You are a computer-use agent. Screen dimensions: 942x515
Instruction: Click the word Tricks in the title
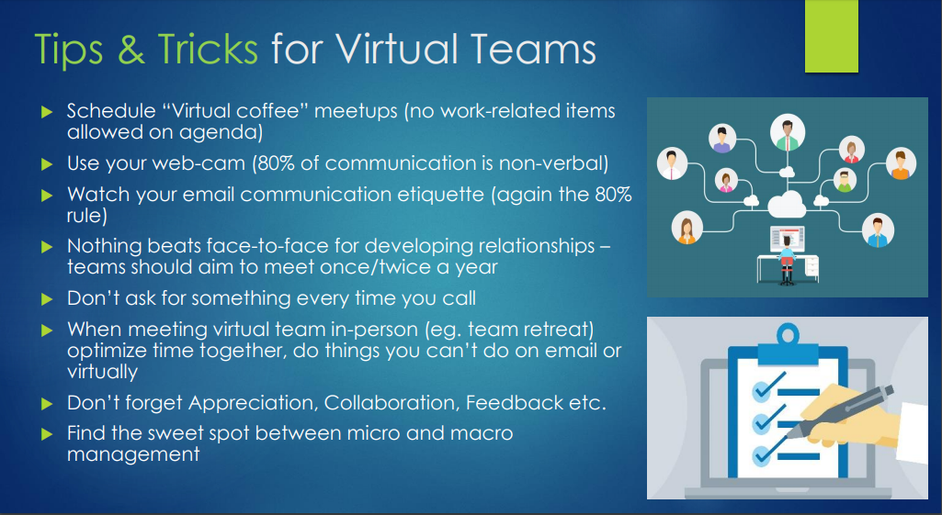pos(208,49)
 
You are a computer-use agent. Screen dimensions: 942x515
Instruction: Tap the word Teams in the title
pos(533,49)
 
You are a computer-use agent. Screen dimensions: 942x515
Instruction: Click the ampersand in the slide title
pos(131,50)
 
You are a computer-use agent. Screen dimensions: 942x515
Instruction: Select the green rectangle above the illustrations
pos(832,36)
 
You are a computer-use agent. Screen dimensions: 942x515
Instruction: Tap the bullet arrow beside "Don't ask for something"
pos(47,299)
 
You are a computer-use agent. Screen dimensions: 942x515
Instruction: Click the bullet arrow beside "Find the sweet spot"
pos(47,434)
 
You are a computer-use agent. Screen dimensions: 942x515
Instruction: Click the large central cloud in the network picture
pos(787,204)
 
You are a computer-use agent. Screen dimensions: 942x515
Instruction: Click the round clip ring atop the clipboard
pos(788,333)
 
